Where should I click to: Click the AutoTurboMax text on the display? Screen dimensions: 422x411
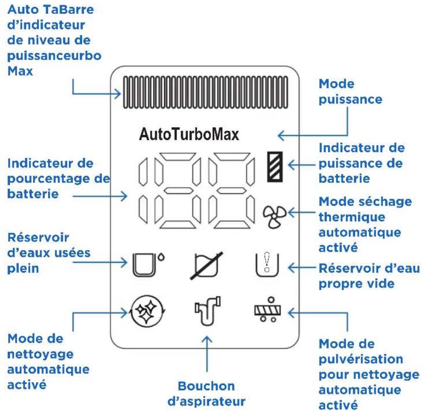[x=189, y=134]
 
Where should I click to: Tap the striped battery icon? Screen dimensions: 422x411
[x=275, y=167]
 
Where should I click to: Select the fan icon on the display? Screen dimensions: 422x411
[x=275, y=217]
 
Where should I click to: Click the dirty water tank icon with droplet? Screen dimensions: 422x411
[x=148, y=264]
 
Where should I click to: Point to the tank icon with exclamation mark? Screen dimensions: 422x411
[x=267, y=265]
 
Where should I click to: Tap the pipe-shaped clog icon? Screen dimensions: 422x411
[x=208, y=311]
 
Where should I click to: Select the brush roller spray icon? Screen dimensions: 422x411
[x=268, y=309]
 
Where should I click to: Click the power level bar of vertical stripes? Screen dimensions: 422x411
[x=205, y=92]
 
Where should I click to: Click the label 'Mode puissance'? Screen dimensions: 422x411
[x=350, y=92]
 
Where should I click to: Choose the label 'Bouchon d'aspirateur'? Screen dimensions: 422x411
[x=206, y=394]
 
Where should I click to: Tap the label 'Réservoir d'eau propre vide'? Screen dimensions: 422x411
[x=369, y=276]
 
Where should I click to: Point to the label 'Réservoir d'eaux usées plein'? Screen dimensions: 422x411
[x=49, y=253]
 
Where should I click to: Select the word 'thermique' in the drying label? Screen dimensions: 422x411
[x=352, y=217]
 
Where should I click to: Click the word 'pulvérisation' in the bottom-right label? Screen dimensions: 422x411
[x=361, y=359]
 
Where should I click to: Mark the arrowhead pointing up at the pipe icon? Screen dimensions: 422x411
[x=207, y=339]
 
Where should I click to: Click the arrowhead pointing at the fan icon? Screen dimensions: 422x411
[x=291, y=213]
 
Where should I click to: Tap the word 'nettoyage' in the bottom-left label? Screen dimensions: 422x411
[x=40, y=354]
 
